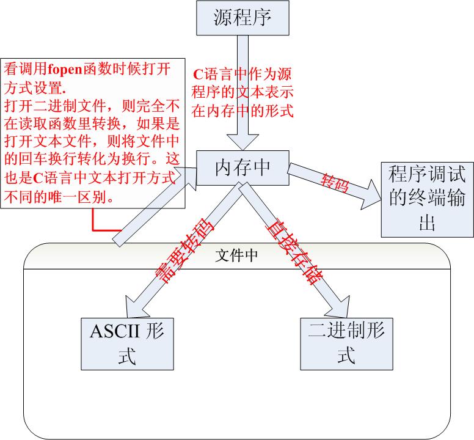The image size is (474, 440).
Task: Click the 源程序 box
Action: point(242,18)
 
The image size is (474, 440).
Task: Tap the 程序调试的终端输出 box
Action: point(427,199)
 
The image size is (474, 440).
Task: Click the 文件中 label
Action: point(236,255)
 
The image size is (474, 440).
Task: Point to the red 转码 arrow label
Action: point(335,182)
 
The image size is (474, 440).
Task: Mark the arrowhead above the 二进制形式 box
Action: point(339,305)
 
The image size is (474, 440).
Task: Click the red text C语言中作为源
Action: point(242,76)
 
